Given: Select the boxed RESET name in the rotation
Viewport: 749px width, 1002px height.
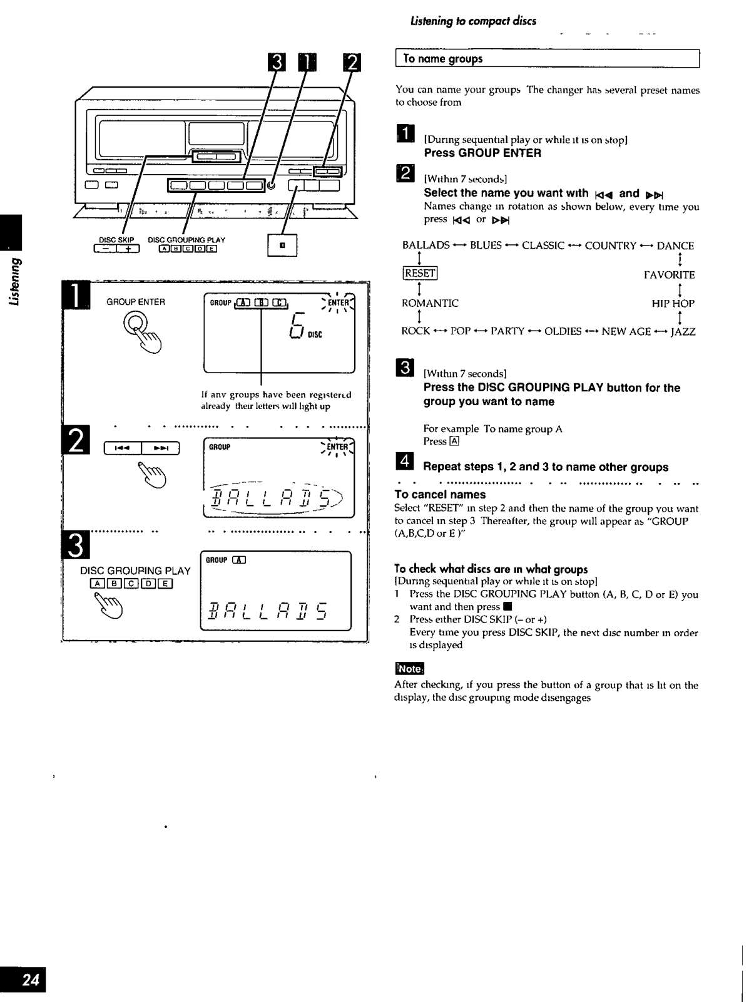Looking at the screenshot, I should (419, 273).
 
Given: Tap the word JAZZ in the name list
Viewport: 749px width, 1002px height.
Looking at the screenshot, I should (682, 331).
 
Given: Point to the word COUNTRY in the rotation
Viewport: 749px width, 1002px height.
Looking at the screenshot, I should (610, 245).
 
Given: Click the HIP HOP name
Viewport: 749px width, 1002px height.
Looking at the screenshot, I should (673, 303).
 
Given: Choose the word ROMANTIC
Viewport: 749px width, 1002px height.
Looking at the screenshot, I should (430, 303).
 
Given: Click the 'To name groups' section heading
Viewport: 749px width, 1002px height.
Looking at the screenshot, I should (443, 59).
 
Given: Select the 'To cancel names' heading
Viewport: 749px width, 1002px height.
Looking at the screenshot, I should (440, 494).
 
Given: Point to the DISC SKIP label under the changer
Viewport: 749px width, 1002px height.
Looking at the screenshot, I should (116, 240).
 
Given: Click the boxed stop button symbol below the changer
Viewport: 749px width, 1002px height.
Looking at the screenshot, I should (282, 245).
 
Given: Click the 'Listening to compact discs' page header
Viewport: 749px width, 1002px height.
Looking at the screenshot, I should (473, 21).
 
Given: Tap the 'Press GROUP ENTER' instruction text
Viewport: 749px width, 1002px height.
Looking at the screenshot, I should (482, 153).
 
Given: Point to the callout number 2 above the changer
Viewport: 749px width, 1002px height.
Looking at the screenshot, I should (352, 63).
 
